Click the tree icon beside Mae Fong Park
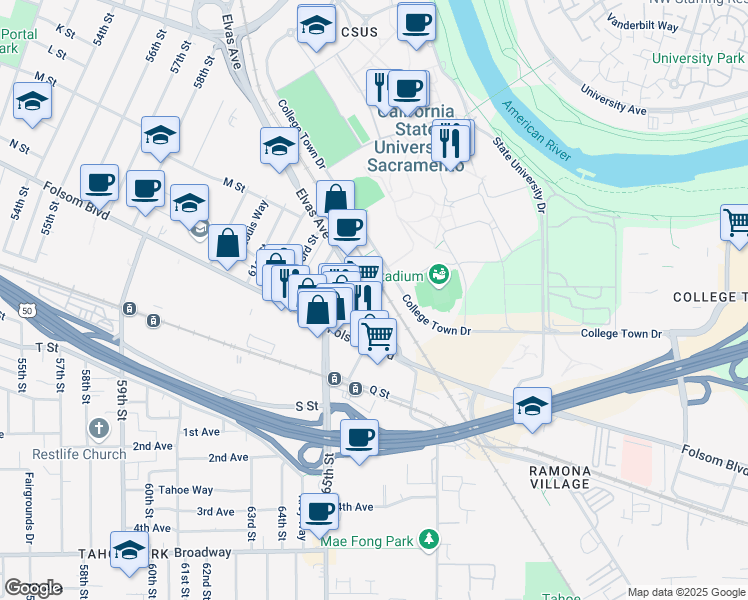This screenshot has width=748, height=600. pyautogui.click(x=430, y=540)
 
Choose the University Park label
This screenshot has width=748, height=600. pyautogui.click(x=698, y=58)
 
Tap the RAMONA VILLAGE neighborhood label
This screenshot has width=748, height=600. pyautogui.click(x=559, y=477)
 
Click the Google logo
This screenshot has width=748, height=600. pyautogui.click(x=33, y=588)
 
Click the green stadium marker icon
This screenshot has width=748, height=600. pyautogui.click(x=437, y=272)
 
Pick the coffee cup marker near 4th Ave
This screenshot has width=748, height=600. pyautogui.click(x=320, y=512)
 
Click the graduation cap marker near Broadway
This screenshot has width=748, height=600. pyautogui.click(x=128, y=552)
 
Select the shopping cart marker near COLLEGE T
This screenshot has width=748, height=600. pyautogui.click(x=736, y=222)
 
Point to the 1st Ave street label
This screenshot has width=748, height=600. pyautogui.click(x=200, y=432)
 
